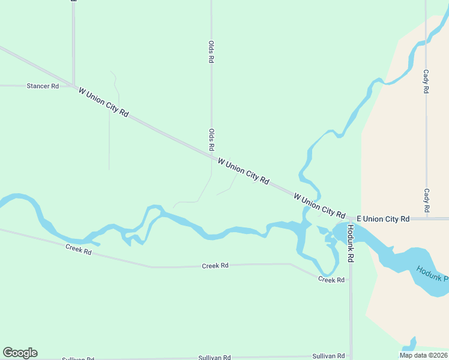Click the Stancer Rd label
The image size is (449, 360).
click(x=43, y=86)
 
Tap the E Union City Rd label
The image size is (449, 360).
click(x=383, y=219)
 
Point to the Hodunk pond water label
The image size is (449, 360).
click(x=432, y=274)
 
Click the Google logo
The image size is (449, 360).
click(x=20, y=353)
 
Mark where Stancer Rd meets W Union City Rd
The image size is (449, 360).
click(x=73, y=86)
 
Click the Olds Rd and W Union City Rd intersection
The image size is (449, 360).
click(x=211, y=157)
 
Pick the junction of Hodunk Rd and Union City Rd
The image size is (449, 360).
click(x=351, y=219)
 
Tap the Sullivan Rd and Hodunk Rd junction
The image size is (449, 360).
click(x=351, y=356)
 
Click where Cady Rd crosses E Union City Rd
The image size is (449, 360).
click(x=426, y=219)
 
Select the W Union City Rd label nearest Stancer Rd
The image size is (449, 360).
click(x=103, y=102)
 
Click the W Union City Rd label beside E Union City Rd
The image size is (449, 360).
click(x=319, y=206)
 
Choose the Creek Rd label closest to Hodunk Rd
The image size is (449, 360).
click(x=331, y=280)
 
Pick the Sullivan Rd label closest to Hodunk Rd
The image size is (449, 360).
click(x=332, y=356)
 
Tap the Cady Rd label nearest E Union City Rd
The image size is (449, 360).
click(x=426, y=200)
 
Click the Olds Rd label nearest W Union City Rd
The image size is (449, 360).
click(x=211, y=139)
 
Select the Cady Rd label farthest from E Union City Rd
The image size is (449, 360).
click(x=426, y=81)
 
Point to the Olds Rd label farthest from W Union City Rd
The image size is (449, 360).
click(x=211, y=52)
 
